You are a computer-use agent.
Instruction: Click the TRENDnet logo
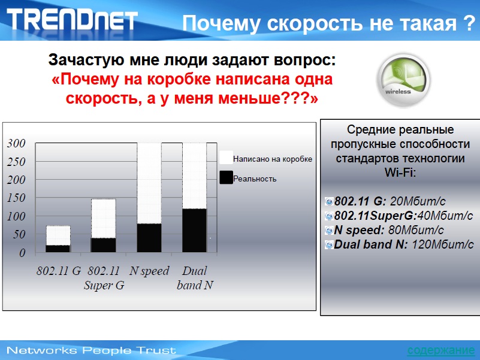tap(73, 19)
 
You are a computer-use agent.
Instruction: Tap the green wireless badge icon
tap(403, 80)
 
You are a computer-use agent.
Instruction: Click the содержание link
tap(441, 350)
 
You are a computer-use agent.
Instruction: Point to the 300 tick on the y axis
tap(17, 143)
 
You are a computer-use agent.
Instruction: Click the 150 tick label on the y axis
tap(17, 198)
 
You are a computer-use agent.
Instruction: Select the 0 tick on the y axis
tap(22, 253)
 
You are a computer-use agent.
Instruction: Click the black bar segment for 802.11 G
tap(58, 249)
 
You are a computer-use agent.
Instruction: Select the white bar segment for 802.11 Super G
tap(104, 218)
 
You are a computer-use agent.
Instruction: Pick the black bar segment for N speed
tap(149, 238)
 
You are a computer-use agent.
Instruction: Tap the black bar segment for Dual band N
tap(194, 231)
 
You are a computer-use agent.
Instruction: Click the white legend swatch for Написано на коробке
tap(226, 158)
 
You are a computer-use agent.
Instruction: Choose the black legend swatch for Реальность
tap(226, 177)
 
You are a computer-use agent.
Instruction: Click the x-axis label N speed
tap(149, 271)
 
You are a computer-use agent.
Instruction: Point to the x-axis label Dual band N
tap(195, 278)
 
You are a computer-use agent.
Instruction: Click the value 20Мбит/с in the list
tap(418, 201)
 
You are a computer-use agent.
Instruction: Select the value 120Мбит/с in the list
tap(442, 244)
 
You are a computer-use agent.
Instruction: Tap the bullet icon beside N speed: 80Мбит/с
tap(329, 230)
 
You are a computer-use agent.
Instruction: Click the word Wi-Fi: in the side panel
tap(400, 173)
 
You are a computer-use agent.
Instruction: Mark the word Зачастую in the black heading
tap(87, 60)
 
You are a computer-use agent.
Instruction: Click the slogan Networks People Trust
tap(91, 350)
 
